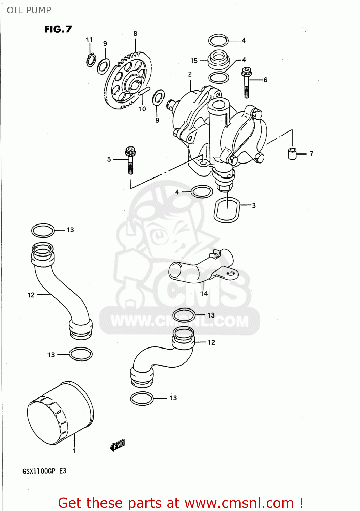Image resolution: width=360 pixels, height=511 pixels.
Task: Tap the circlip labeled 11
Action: tap(91, 60)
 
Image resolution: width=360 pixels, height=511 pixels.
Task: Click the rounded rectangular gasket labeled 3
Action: tap(227, 210)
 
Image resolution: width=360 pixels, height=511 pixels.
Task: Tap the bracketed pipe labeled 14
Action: tap(201, 267)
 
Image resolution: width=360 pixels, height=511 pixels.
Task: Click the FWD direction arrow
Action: tap(118, 445)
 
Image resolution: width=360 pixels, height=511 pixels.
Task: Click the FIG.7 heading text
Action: tap(58, 29)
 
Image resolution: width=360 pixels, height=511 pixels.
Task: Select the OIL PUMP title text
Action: tap(29, 10)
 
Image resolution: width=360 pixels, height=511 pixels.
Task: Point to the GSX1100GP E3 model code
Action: tap(44, 471)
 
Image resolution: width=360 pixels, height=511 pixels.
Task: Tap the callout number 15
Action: tap(194, 61)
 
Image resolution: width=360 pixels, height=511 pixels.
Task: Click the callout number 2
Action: tap(190, 74)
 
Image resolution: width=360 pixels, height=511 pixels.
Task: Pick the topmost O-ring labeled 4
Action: tap(218, 41)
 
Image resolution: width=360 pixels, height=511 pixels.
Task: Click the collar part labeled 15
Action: tap(218, 60)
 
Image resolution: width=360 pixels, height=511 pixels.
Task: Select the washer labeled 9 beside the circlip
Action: tap(103, 66)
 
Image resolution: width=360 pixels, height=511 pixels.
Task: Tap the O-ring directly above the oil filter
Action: tap(81, 354)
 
